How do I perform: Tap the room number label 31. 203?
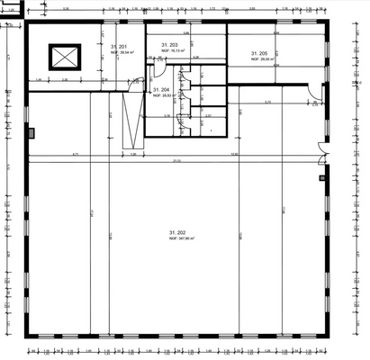[169, 44]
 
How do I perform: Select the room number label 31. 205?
[257, 54]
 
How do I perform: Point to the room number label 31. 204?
[161, 90]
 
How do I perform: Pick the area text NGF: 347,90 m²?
[180, 238]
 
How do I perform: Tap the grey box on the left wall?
[32, 133]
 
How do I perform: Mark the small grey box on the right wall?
[320, 178]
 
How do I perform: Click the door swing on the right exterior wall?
[313, 92]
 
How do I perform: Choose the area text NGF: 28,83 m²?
[163, 95]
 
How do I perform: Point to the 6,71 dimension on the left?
[77, 154]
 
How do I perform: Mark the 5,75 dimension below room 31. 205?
[267, 103]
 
